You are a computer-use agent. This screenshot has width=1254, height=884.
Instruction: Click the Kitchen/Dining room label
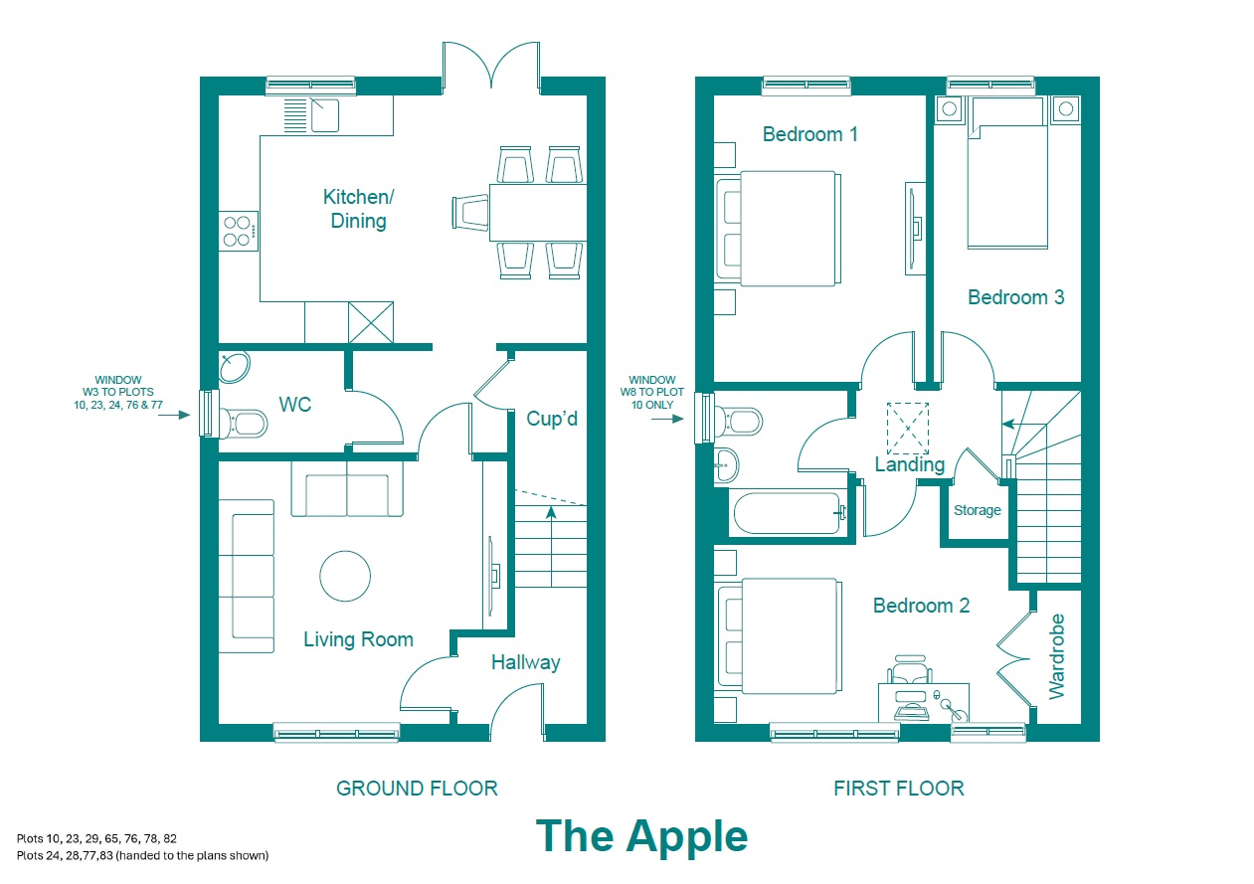click(358, 209)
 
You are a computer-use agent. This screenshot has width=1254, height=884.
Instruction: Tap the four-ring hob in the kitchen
click(239, 231)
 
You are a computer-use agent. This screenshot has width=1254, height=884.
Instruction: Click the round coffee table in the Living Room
click(345, 576)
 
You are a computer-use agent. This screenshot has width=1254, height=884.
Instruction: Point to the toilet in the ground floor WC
click(244, 423)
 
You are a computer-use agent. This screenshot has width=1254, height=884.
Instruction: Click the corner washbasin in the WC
click(234, 367)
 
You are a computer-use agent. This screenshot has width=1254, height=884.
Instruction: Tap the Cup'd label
click(552, 419)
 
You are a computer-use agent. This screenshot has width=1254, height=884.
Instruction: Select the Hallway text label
click(526, 663)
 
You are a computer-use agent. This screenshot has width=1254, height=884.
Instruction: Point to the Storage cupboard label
click(977, 510)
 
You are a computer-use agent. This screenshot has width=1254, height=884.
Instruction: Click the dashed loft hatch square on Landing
click(908, 429)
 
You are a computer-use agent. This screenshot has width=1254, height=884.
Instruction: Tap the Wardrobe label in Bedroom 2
click(1056, 656)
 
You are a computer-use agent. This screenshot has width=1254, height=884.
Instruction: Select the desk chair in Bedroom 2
click(910, 669)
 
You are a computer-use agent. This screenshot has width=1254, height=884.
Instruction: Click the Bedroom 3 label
click(1016, 297)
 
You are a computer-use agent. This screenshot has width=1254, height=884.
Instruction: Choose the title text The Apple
click(641, 837)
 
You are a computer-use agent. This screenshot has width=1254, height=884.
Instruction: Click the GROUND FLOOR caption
click(417, 789)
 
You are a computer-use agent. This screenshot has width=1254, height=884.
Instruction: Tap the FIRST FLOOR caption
click(899, 789)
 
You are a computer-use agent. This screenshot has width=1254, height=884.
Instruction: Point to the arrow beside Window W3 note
click(174, 415)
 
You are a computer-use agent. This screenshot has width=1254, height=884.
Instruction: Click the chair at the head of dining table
click(470, 213)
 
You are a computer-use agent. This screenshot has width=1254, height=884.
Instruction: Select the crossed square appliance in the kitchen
click(371, 322)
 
